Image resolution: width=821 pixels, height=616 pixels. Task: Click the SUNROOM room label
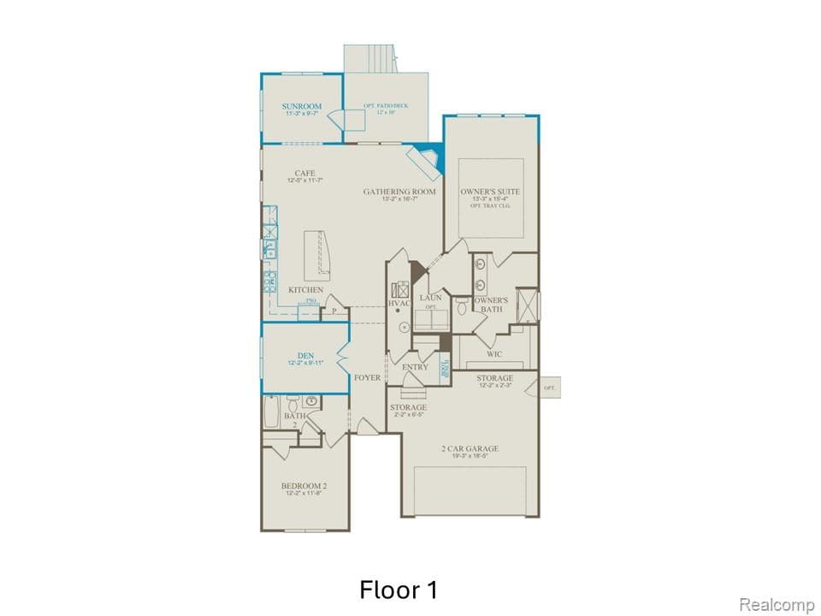click(x=302, y=107)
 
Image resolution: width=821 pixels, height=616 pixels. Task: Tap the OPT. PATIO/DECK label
click(x=386, y=106)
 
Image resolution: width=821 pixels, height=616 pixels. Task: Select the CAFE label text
click(x=305, y=173)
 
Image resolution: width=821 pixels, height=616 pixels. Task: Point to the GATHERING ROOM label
click(x=399, y=192)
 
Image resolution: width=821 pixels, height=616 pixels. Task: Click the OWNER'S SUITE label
click(x=490, y=192)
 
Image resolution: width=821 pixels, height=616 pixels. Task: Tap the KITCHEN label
click(x=305, y=290)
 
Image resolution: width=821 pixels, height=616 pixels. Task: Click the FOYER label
click(x=368, y=377)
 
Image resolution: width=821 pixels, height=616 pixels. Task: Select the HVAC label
click(x=399, y=304)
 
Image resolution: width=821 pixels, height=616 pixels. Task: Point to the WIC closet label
click(x=494, y=353)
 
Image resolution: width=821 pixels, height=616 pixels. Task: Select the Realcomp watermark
click(x=777, y=605)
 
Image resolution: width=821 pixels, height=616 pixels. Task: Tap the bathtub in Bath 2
click(x=271, y=412)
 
